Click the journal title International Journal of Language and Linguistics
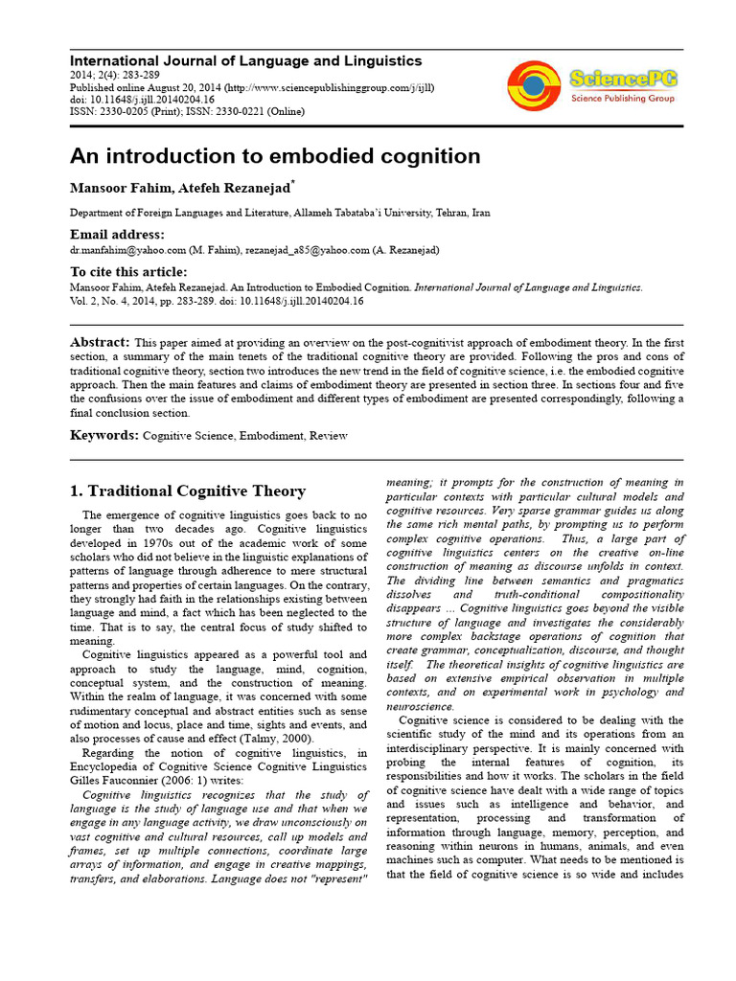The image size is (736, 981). coord(246,60)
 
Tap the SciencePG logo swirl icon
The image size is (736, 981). coord(535,85)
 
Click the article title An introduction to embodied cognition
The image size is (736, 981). coord(275,155)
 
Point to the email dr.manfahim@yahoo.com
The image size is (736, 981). coord(125,249)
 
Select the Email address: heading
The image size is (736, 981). coord(117,235)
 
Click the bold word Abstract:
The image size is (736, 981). coord(100,342)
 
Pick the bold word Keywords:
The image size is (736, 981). coord(104,435)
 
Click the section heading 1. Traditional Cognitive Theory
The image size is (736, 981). coord(188,491)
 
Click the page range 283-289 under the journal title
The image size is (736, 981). coord(139,75)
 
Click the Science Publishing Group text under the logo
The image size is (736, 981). coord(622,98)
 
